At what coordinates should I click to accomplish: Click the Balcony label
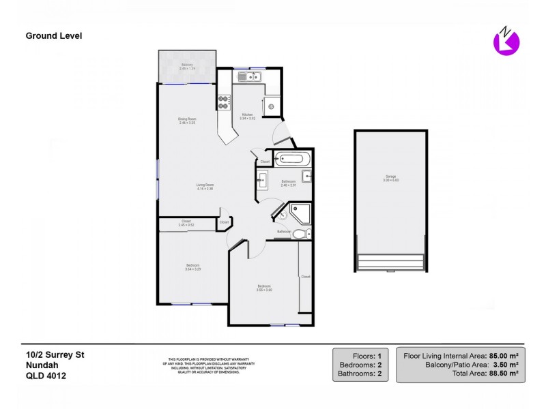(x=187, y=66)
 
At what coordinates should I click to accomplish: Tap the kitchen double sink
(x=250, y=77)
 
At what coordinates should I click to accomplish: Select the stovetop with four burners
(x=223, y=102)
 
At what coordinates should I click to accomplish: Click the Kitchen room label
(x=247, y=116)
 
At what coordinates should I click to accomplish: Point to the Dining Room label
(x=187, y=121)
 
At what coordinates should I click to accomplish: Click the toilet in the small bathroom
(x=302, y=234)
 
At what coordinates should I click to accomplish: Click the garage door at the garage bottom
(x=390, y=262)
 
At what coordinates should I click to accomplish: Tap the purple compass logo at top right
(x=506, y=42)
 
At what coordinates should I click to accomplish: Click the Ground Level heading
(x=54, y=35)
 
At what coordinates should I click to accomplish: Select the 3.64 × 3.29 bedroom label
(x=192, y=267)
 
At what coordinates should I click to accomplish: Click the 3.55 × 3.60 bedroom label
(x=264, y=288)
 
